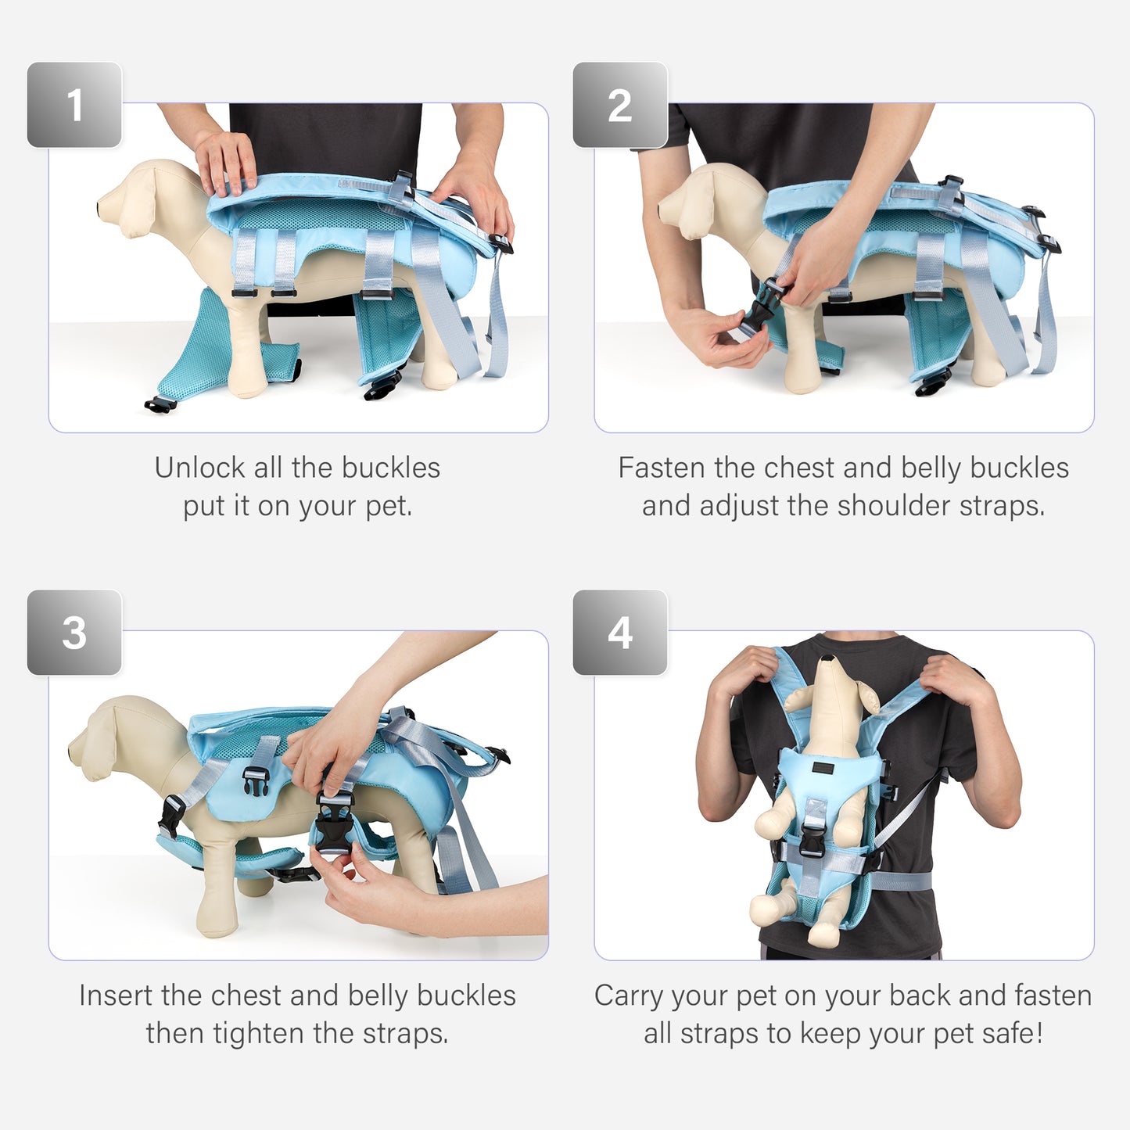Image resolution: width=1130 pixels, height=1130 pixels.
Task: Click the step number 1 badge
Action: tap(74, 105)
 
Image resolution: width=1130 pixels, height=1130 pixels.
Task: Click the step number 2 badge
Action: tap(620, 105)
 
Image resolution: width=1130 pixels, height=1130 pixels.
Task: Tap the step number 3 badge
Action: tap(74, 633)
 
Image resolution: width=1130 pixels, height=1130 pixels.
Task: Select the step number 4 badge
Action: tap(620, 633)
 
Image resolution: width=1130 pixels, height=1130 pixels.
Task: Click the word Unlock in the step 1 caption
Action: tap(199, 468)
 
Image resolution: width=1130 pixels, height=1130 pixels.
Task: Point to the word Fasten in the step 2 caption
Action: tap(661, 468)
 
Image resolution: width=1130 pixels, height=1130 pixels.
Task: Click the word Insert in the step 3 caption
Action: tap(113, 995)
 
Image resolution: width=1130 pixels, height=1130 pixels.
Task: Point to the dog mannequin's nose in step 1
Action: tap(100, 208)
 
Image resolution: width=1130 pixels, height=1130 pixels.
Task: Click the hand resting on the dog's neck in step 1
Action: tap(227, 163)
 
